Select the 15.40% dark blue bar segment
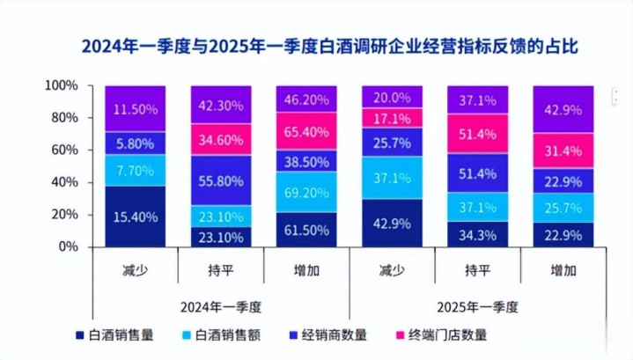click(135, 216)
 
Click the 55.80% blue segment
click(221, 180)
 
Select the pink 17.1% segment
click(392, 118)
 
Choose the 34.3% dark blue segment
click(478, 235)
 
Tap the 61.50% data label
click(307, 231)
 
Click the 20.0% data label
click(392, 97)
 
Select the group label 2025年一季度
click(478, 306)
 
